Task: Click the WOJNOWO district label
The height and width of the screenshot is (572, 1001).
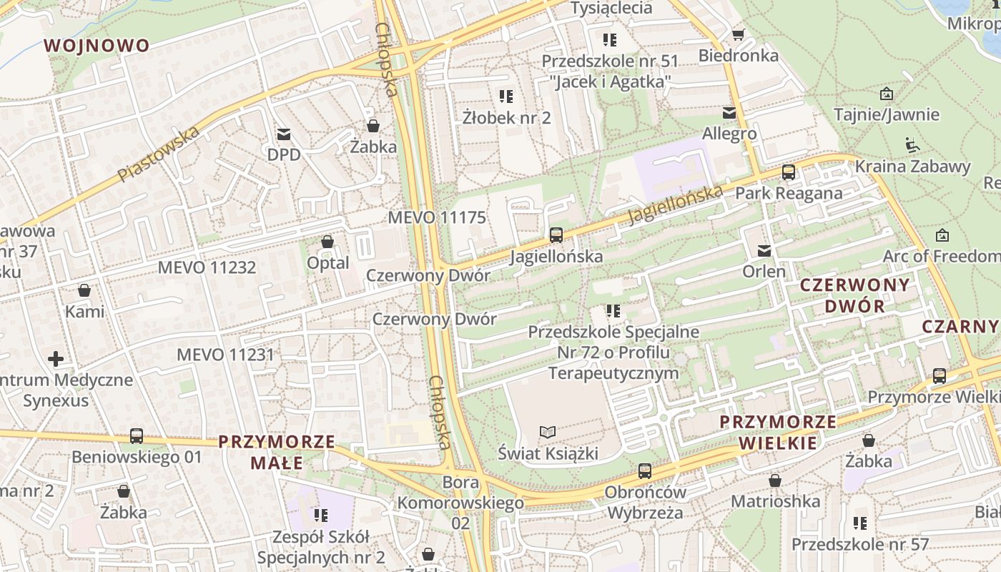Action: point(97,46)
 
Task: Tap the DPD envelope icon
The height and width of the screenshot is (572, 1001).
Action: point(284,134)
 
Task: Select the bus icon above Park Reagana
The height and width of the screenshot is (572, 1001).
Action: point(788,172)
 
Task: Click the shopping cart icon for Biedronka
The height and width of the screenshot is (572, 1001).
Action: point(739,34)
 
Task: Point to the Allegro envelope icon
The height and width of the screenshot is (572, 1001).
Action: point(729,112)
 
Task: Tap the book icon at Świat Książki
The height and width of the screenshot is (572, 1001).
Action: point(548,432)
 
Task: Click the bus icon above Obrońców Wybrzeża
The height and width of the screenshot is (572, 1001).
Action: point(644,470)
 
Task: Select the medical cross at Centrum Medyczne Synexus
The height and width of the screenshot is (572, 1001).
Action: point(56,358)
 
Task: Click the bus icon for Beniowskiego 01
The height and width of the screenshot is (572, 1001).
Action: point(137,435)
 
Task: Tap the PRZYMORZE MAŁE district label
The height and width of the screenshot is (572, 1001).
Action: point(277,452)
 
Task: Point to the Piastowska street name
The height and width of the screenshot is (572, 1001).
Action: point(159,154)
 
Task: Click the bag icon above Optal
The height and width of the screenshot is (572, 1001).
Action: point(327,242)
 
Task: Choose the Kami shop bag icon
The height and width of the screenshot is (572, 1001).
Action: point(84,290)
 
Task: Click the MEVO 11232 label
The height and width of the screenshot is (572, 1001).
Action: point(207,267)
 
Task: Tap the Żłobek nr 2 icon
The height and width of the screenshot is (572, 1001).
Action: point(506,96)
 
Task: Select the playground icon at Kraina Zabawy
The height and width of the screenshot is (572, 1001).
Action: point(912,145)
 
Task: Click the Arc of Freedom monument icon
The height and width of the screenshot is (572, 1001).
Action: point(942,235)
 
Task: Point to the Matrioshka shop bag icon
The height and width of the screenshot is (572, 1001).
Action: point(775,480)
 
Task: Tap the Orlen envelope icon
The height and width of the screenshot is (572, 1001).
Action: point(764,250)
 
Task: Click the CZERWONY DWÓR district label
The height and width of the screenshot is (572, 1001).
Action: point(854,295)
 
